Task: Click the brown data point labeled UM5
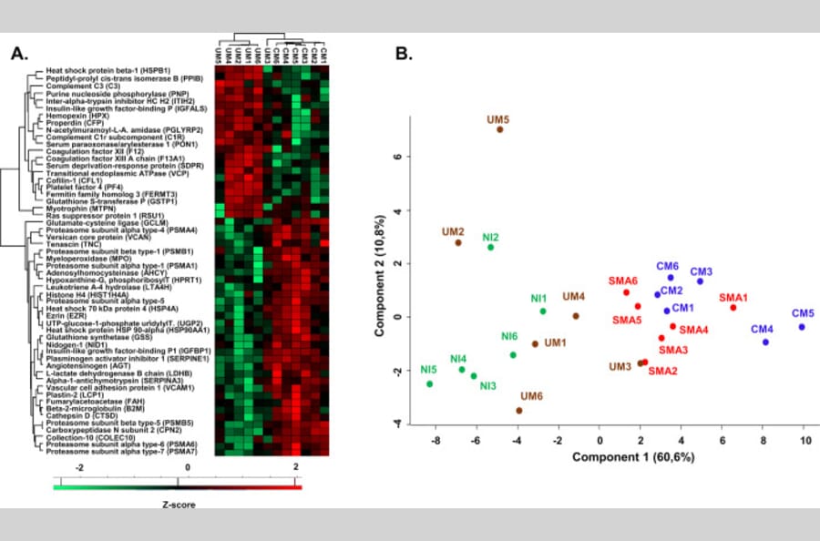(500, 129)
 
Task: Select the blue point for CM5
(802, 327)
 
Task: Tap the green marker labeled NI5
(430, 383)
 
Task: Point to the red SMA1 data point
(733, 308)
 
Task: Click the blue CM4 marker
(765, 342)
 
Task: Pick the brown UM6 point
(518, 411)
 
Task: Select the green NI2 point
(490, 247)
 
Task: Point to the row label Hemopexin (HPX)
(75, 116)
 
